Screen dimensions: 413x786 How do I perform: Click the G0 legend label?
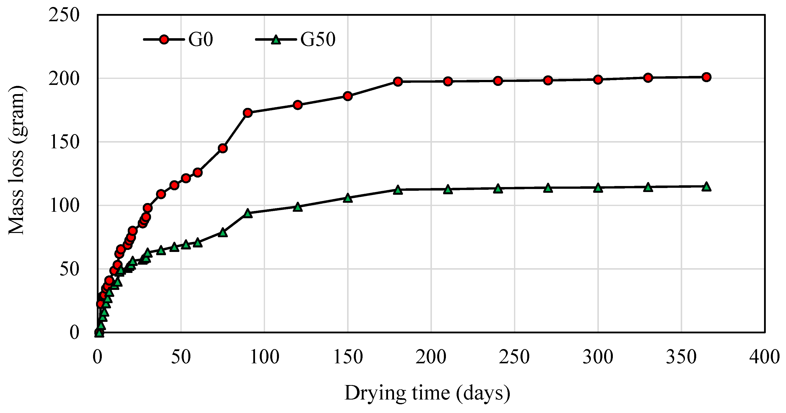pos(200,39)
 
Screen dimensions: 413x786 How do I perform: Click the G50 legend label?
pos(318,39)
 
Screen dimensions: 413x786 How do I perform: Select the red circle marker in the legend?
pos(164,39)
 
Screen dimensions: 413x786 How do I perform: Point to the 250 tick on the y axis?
pos(64,15)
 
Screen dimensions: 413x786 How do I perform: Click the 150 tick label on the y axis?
pos(64,142)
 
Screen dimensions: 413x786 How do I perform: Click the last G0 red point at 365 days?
pos(706,77)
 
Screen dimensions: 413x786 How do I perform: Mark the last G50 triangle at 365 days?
pos(706,187)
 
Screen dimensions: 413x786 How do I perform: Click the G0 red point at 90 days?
pos(248,113)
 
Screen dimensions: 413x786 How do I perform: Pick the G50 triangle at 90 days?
pos(248,213)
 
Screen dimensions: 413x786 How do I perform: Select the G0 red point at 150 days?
pos(348,96)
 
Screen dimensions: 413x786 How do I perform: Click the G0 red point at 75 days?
pos(223,148)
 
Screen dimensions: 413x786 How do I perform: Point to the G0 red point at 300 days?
pos(598,80)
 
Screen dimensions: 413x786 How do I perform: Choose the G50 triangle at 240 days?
pos(498,189)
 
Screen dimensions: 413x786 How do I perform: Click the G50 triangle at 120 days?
pos(298,207)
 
